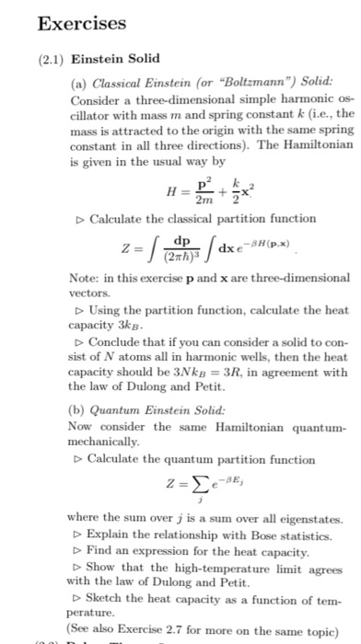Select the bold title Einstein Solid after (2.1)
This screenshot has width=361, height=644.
point(114,58)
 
